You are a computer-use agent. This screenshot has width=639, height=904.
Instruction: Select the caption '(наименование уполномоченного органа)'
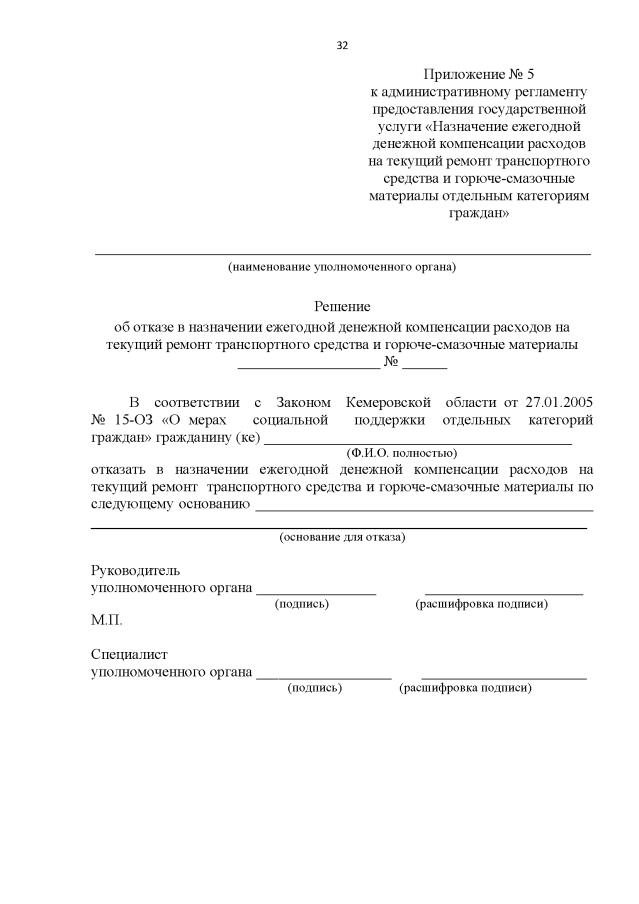click(x=341, y=267)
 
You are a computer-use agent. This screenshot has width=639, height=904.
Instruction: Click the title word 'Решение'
click(x=342, y=306)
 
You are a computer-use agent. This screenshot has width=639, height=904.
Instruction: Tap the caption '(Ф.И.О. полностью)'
click(x=401, y=452)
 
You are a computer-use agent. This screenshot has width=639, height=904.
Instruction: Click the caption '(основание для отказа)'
click(x=342, y=537)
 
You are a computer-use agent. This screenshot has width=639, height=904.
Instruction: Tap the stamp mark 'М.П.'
click(x=106, y=620)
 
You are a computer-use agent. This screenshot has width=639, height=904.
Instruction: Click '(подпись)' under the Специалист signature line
click(x=314, y=688)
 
